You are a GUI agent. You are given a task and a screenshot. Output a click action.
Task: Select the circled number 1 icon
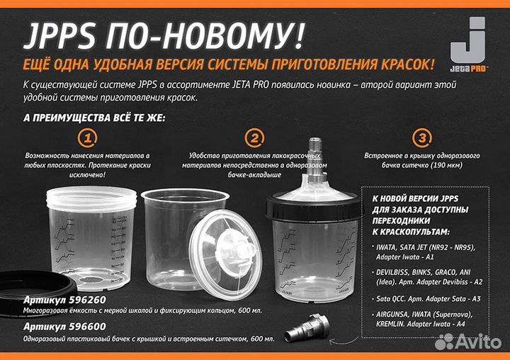click(89, 137)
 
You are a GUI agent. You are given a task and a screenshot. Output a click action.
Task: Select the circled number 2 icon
click(254, 137)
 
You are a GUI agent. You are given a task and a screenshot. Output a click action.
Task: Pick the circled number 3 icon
click(421, 137)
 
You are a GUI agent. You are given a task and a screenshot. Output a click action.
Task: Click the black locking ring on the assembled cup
click(316, 209)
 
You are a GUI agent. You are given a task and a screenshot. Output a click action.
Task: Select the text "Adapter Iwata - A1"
click(413, 257)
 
